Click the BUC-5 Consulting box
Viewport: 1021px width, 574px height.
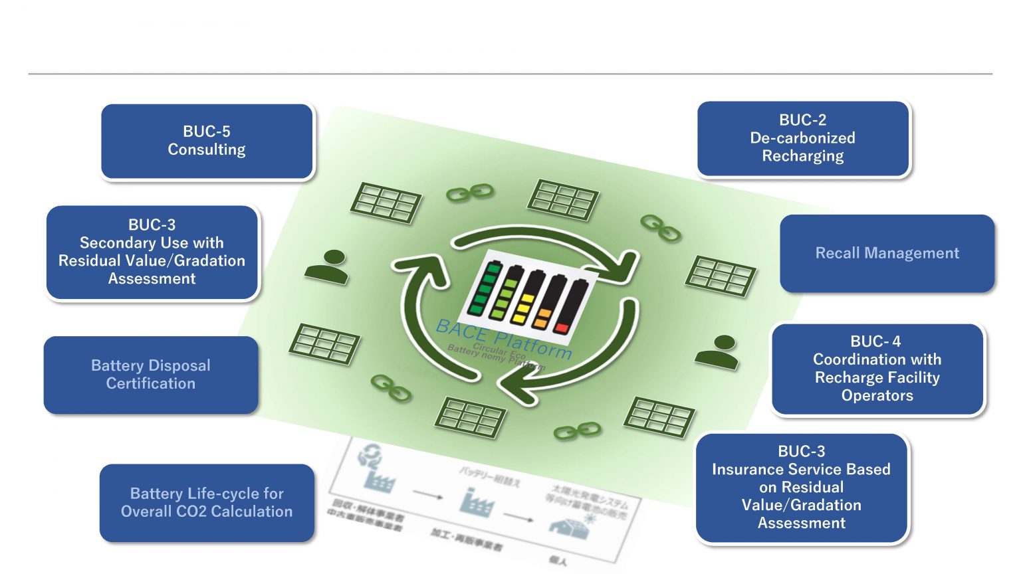tap(207, 141)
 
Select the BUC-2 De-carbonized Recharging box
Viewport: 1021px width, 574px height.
tap(803, 138)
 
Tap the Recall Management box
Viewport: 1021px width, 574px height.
tap(887, 253)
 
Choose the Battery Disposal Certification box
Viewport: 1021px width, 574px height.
tap(151, 375)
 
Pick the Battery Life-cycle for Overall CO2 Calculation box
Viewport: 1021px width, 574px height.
tap(207, 502)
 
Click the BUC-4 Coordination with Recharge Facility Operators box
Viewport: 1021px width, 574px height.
tap(877, 369)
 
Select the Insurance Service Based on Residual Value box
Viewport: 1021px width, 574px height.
tap(801, 488)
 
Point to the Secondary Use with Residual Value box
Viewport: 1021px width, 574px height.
tap(152, 252)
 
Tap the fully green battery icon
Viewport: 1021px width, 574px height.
tap(485, 288)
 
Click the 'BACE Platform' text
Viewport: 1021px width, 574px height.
tap(503, 338)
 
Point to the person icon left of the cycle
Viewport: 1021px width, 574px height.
tap(326, 266)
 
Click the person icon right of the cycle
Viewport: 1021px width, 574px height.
tap(717, 351)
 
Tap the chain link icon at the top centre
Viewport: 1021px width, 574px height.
tap(469, 193)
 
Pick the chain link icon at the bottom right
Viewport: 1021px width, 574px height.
tap(576, 431)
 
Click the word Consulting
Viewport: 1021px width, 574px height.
tap(207, 150)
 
